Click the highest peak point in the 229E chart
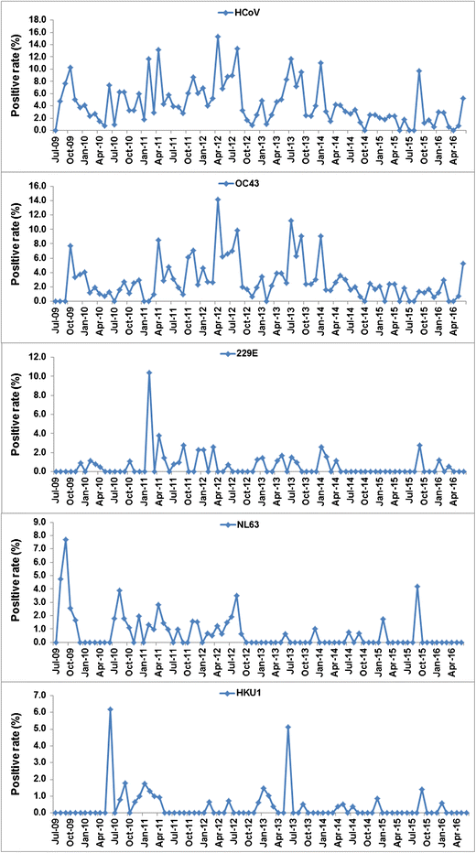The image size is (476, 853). pos(148,373)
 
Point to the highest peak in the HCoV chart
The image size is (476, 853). pos(218,37)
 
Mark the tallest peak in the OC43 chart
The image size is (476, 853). pos(218,200)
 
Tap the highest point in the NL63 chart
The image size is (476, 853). pos(65,539)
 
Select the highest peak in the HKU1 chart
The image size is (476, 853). pos(110,709)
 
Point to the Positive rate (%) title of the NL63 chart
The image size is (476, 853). pos(15,582)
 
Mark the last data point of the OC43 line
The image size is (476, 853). pos(464,264)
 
